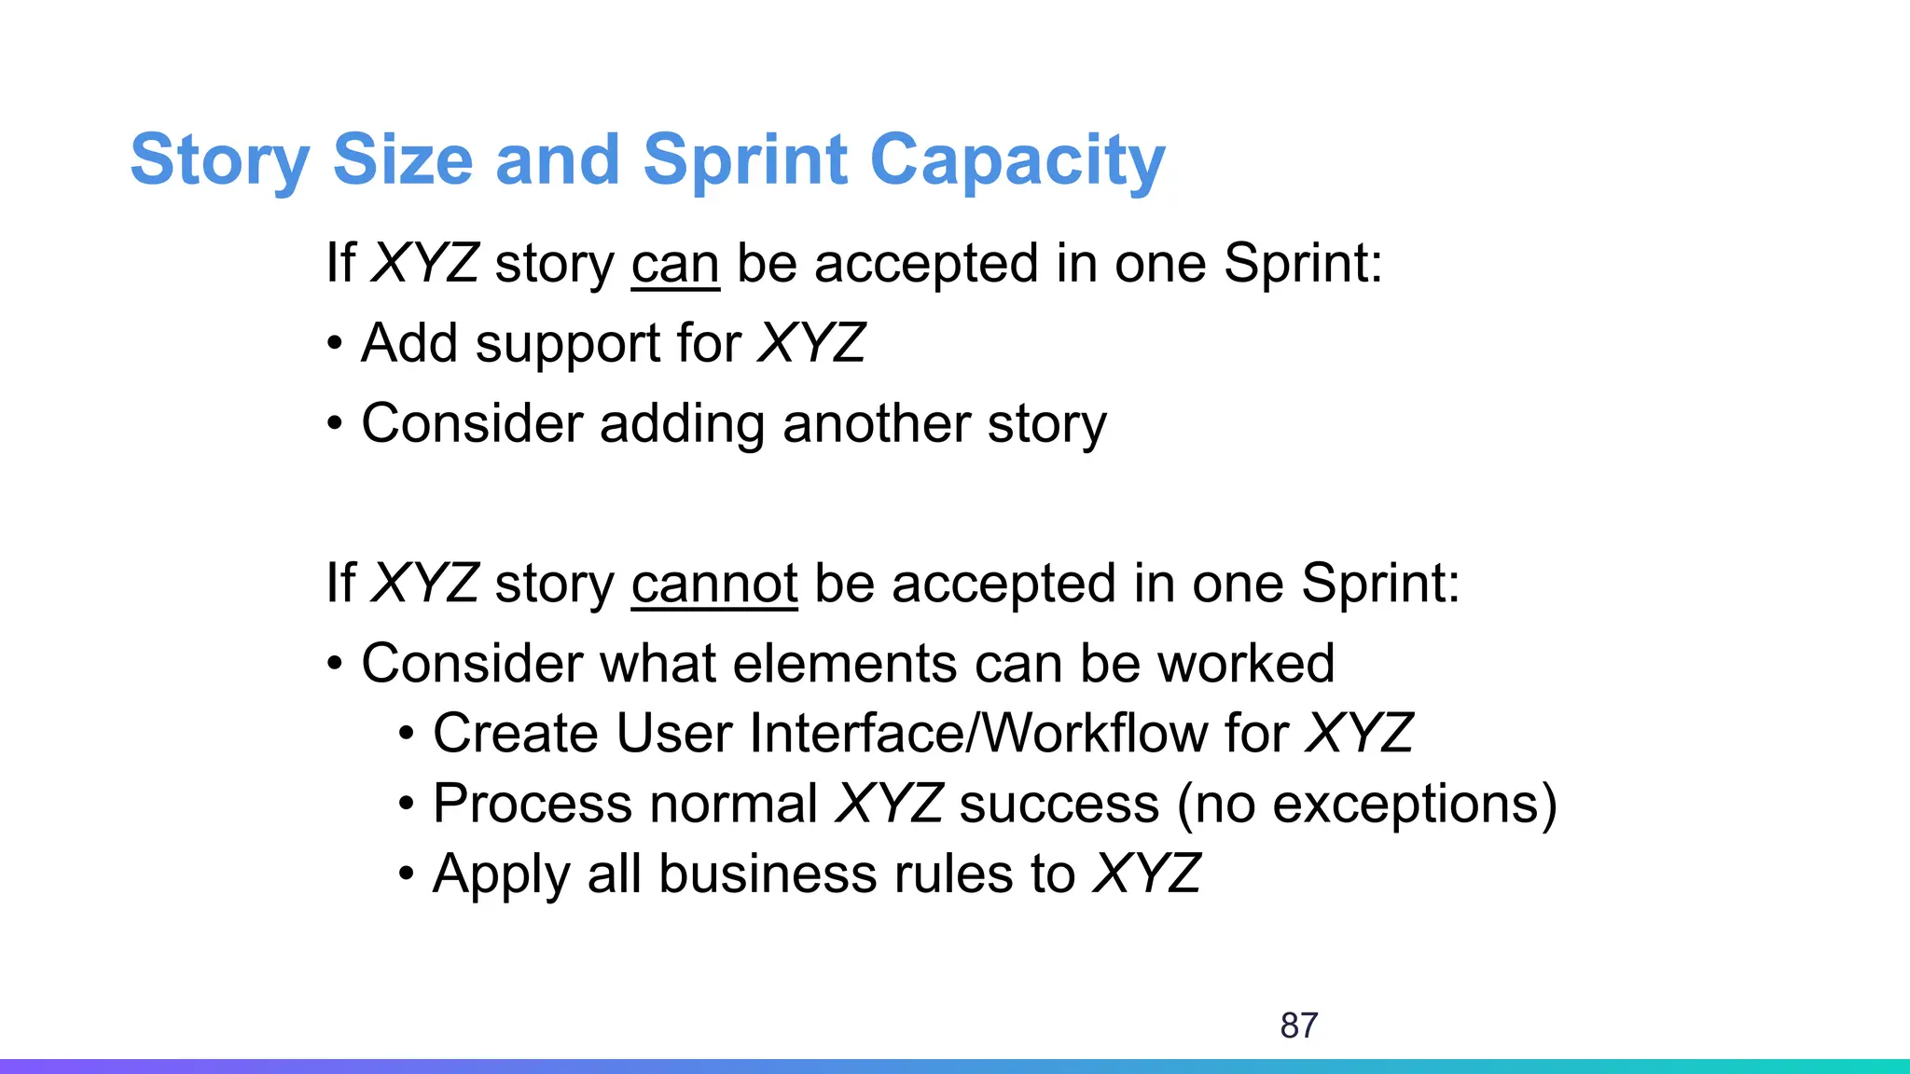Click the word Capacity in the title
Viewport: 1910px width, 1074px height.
click(1017, 160)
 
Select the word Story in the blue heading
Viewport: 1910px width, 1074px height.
click(219, 160)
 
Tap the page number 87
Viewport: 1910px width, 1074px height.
click(1298, 1026)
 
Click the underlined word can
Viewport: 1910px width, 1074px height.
click(675, 264)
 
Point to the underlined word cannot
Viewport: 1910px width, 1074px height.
click(714, 585)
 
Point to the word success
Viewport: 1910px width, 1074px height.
click(1059, 804)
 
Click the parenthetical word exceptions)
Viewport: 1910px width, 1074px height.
click(1415, 804)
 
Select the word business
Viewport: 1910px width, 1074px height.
click(768, 874)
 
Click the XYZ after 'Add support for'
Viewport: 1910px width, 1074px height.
click(811, 343)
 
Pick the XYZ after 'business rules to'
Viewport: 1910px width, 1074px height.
click(1146, 874)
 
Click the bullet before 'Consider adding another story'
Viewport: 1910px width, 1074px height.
click(335, 425)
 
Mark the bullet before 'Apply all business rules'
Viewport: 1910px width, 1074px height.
click(406, 875)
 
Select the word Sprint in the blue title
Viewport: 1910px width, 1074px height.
click(745, 160)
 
